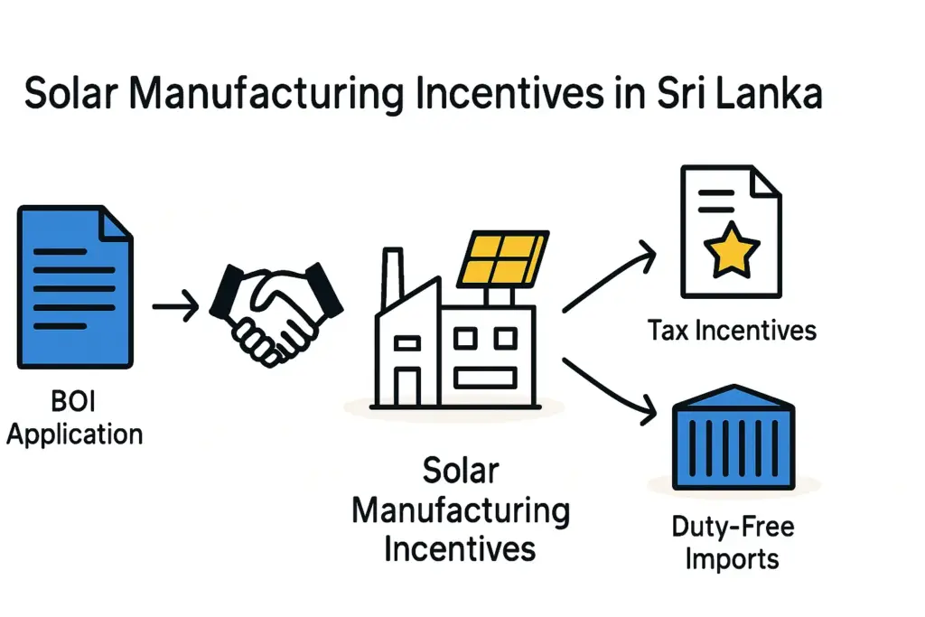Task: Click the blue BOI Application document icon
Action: click(x=75, y=287)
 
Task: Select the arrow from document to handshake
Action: click(x=175, y=306)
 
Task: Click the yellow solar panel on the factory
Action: click(x=503, y=257)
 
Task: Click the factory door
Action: click(x=407, y=387)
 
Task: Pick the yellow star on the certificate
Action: click(x=732, y=249)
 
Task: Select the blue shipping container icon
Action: click(x=733, y=437)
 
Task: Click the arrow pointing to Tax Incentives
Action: click(x=609, y=276)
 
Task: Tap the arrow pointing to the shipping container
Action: click(x=609, y=390)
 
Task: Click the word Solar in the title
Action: click(x=71, y=93)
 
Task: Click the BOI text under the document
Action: click(x=73, y=401)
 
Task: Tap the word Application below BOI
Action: click(x=75, y=435)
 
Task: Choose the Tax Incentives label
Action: click(x=732, y=331)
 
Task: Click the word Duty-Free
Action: click(x=733, y=527)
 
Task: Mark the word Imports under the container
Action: click(x=732, y=559)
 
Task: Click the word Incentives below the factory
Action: click(x=460, y=549)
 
